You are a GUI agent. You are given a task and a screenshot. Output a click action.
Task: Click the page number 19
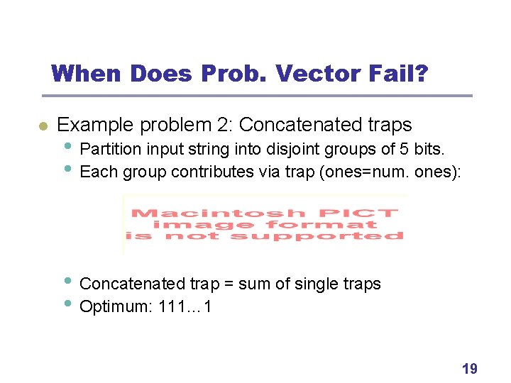(469, 368)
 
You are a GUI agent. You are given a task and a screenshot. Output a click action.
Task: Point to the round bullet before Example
(43, 126)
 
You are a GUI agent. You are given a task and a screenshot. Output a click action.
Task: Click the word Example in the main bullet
(96, 126)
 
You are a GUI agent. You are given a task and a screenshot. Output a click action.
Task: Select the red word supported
(349, 236)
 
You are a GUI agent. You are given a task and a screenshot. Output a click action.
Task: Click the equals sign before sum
(229, 284)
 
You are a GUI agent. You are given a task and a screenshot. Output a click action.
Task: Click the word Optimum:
(113, 306)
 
